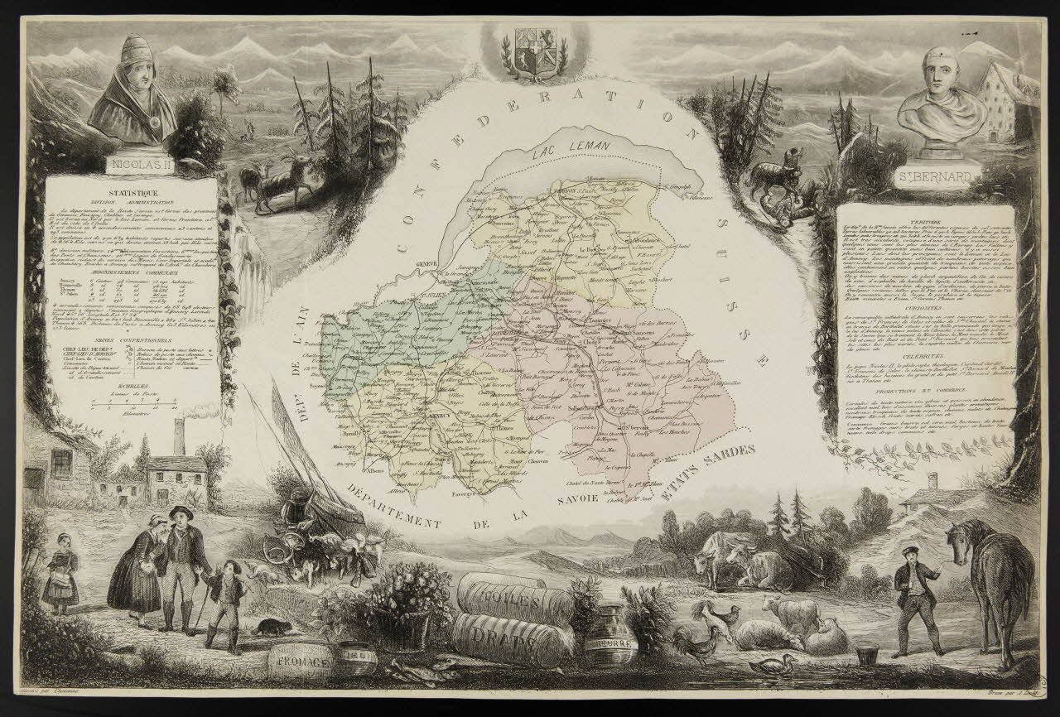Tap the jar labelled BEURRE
point(610,641)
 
